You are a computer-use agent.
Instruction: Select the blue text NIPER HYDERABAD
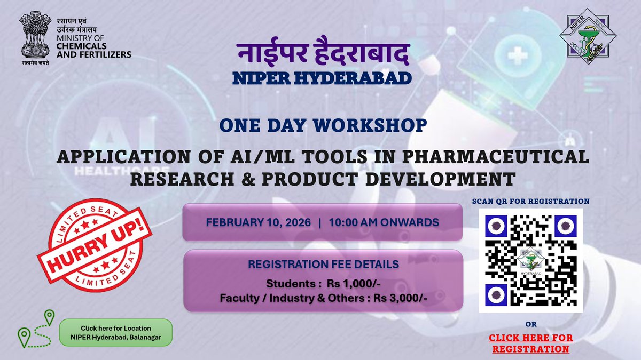[x=323, y=78]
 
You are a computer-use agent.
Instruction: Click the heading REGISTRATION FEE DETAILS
[x=323, y=263]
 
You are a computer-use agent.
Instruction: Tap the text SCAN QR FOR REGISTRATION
[x=530, y=202]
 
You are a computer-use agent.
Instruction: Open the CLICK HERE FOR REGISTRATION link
[x=530, y=343]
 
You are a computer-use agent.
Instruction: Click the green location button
[x=115, y=333]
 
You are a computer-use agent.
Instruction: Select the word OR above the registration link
[x=530, y=324]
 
